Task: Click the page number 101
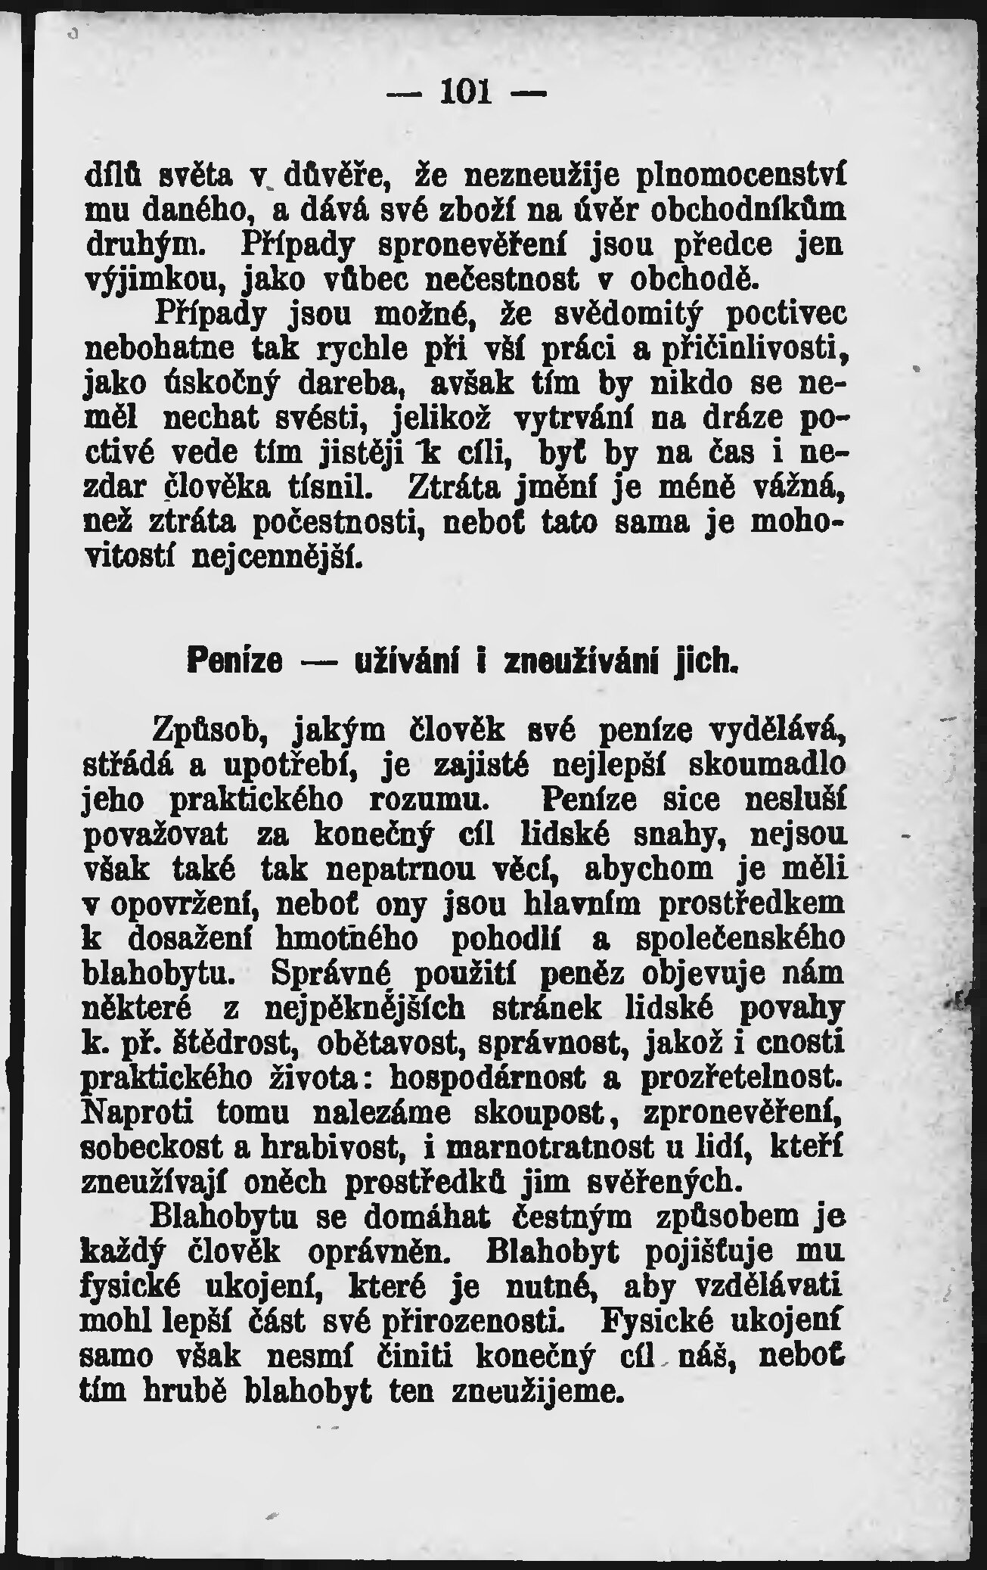(x=466, y=93)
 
